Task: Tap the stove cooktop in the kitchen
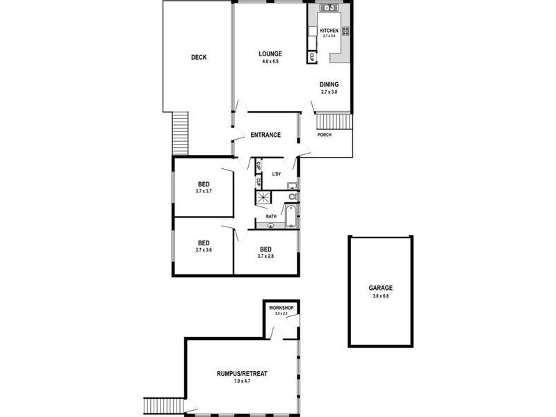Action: coord(345,31)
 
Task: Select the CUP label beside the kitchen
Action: coord(312,57)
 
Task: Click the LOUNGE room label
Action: coord(270,54)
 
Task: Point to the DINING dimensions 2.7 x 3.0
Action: coord(329,92)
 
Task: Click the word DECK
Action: coord(199,58)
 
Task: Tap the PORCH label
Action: coord(324,135)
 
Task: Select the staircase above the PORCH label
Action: coord(326,122)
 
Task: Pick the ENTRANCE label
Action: coord(265,135)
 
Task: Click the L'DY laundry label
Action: coord(276,174)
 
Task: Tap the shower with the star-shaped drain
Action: coord(264,198)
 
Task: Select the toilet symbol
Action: coord(293,197)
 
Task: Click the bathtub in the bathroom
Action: coord(290,215)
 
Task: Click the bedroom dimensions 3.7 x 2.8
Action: coord(265,256)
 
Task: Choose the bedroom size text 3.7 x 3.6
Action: coord(203,250)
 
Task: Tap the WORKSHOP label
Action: coord(281,308)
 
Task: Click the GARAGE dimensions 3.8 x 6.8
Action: coord(381,297)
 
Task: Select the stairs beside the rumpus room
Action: coord(164,406)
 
